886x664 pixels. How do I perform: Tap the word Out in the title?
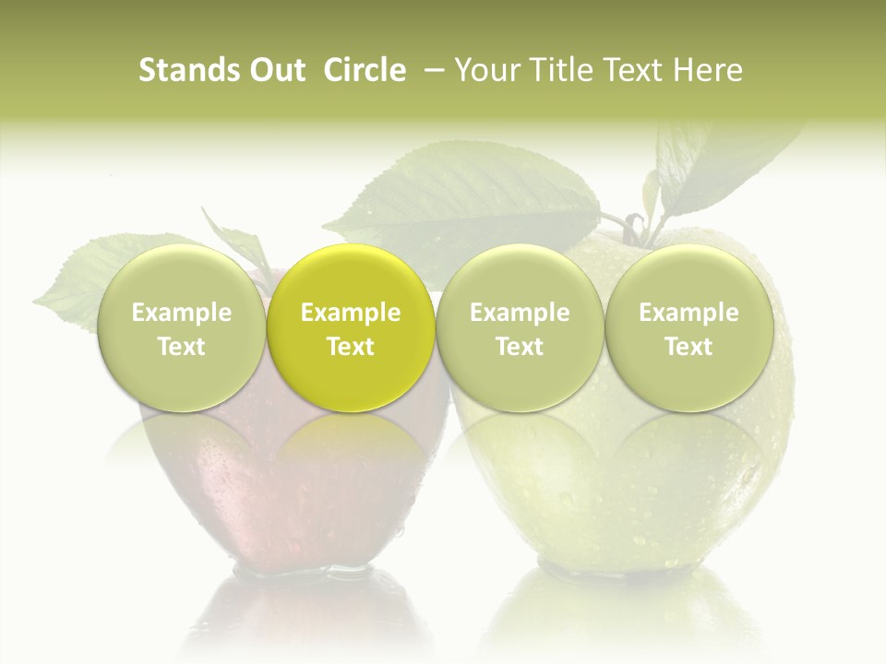[x=274, y=70]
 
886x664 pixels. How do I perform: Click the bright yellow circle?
[x=351, y=327]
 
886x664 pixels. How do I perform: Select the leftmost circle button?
[x=181, y=327]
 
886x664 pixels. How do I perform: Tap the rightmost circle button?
[x=688, y=327]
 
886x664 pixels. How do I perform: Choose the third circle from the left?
[x=520, y=327]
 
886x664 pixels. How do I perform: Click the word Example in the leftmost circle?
[x=181, y=313]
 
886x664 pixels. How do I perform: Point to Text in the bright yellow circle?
[x=351, y=347]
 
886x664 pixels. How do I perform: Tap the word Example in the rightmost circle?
[x=688, y=313]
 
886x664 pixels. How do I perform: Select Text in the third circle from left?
[x=520, y=347]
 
